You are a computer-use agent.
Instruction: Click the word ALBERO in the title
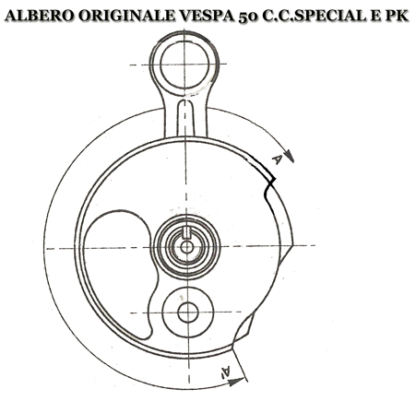[39, 16]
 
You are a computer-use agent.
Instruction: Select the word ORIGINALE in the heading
[126, 16]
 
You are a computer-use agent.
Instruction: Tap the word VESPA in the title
[207, 16]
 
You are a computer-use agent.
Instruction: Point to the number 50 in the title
[248, 17]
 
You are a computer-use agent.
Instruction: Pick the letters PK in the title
[397, 16]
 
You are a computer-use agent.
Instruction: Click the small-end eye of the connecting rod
[184, 65]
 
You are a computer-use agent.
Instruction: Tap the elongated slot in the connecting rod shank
[185, 118]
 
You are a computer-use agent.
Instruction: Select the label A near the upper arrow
[277, 159]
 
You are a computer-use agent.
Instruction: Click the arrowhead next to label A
[290, 156]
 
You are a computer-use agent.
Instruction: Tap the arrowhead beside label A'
[235, 382]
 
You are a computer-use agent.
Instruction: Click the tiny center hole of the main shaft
[185, 247]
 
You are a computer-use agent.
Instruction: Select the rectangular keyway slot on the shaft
[185, 233]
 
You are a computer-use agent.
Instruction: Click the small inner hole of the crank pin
[187, 313]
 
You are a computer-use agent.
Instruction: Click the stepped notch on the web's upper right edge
[269, 185]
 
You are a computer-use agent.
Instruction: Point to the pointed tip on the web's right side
[291, 246]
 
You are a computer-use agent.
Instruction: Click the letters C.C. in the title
[277, 16]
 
